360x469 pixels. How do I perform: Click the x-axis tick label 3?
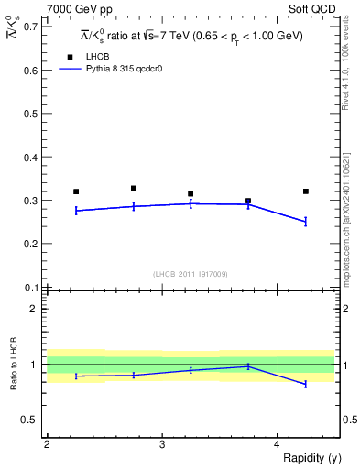pyautogui.click(x=161, y=444)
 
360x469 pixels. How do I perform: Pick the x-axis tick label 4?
pyautogui.click(x=277, y=444)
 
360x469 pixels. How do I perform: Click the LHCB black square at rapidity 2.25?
pyautogui.click(x=76, y=191)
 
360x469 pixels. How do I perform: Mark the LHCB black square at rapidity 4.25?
pyautogui.click(x=306, y=191)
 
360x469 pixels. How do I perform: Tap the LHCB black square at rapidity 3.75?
pyautogui.click(x=248, y=201)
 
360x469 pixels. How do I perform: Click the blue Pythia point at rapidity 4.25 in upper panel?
pyautogui.click(x=306, y=221)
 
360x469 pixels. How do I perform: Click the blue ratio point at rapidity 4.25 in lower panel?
pyautogui.click(x=306, y=385)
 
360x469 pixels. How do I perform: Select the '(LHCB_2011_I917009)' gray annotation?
pyautogui.click(x=191, y=273)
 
